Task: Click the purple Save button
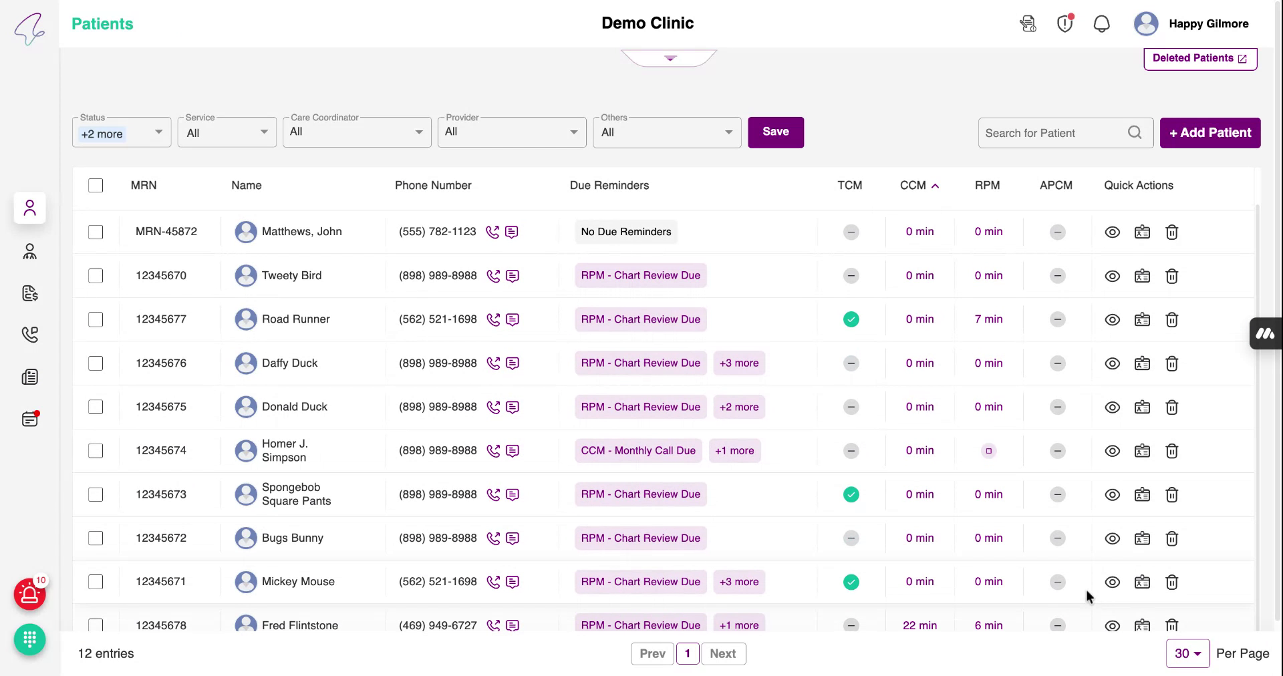tap(775, 132)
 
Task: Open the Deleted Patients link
tap(1199, 58)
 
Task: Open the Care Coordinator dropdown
tap(357, 132)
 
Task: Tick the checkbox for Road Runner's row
tap(96, 319)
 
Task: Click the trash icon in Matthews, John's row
tap(1171, 232)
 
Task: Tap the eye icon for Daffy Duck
tap(1112, 363)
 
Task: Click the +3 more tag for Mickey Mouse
tap(738, 582)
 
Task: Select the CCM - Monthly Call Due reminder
tap(637, 451)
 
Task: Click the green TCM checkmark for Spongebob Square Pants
tap(851, 494)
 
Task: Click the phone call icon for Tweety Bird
tap(493, 276)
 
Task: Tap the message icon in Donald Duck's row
tap(513, 407)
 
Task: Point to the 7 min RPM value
tap(988, 319)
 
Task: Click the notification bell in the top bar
tap(1101, 24)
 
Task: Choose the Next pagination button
tap(722, 653)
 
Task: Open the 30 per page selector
tap(1187, 653)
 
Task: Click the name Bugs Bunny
tap(292, 538)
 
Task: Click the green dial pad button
tap(30, 639)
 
